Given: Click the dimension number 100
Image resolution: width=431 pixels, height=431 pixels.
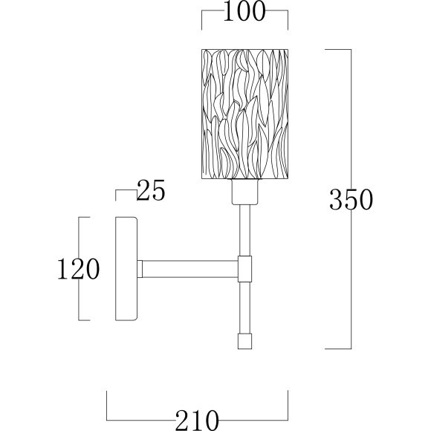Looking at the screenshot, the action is tap(244, 11).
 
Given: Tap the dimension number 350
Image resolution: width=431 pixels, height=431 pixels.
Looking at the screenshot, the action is tap(351, 199).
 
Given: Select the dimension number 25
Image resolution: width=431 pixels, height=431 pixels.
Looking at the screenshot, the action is tap(151, 189).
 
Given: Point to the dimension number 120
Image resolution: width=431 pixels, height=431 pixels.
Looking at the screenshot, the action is tap(78, 268).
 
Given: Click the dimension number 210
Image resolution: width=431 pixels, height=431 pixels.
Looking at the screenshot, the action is tap(197, 421).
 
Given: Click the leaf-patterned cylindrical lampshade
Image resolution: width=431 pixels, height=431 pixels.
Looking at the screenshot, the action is tap(244, 114).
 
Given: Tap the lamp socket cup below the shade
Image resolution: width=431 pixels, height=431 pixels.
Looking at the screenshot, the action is tap(244, 192).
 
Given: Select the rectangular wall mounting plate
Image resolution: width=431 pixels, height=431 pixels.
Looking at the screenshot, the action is tap(126, 268).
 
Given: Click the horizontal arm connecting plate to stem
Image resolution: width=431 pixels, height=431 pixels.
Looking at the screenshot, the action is tap(190, 269).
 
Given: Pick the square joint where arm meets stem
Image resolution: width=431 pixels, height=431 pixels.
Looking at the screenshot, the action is tap(244, 269).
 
